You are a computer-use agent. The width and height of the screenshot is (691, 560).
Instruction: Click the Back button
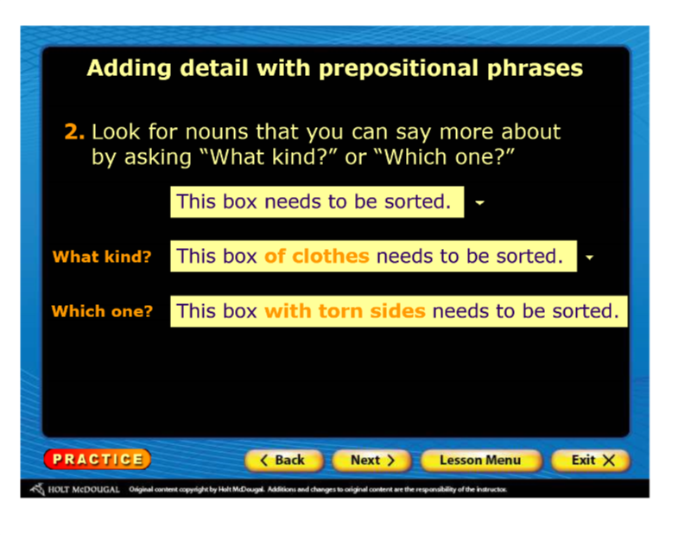point(284,461)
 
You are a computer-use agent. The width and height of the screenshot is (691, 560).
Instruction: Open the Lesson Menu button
point(480,461)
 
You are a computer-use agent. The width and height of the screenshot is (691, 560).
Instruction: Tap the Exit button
point(591,461)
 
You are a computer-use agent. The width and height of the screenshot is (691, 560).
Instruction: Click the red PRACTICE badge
point(98,459)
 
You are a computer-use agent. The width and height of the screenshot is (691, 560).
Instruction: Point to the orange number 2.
point(74,131)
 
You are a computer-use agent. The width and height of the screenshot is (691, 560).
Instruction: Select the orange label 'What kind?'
point(102,257)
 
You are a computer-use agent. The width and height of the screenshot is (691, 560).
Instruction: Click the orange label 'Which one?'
point(102,311)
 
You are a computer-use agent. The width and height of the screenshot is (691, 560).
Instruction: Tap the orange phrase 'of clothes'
point(316,256)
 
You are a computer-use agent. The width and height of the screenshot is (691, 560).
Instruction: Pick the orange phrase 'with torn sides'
point(345,311)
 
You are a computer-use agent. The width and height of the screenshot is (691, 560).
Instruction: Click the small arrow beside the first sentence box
point(479,203)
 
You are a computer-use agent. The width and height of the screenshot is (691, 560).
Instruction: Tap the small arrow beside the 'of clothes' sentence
point(589,257)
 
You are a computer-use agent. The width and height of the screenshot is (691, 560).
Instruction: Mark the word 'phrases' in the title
point(535,68)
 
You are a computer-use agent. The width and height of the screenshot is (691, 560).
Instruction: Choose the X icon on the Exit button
point(609,461)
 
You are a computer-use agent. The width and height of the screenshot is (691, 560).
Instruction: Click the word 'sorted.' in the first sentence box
point(418,201)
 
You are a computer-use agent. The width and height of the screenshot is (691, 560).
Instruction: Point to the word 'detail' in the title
point(213,68)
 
